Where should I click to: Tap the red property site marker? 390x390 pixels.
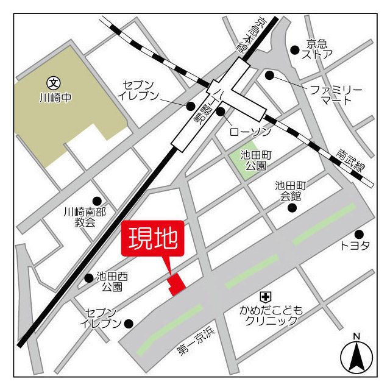(177, 285)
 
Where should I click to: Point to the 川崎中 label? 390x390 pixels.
(55, 97)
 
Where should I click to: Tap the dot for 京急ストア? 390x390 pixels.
(295, 50)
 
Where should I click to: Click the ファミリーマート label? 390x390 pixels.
(336, 95)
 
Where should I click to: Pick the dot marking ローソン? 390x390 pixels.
(221, 112)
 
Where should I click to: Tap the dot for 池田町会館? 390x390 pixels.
(292, 208)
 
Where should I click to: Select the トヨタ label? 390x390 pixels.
(355, 247)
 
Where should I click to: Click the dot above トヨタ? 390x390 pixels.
(359, 234)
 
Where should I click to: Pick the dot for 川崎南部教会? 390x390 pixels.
(97, 201)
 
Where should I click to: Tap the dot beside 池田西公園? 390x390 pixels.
(90, 278)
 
